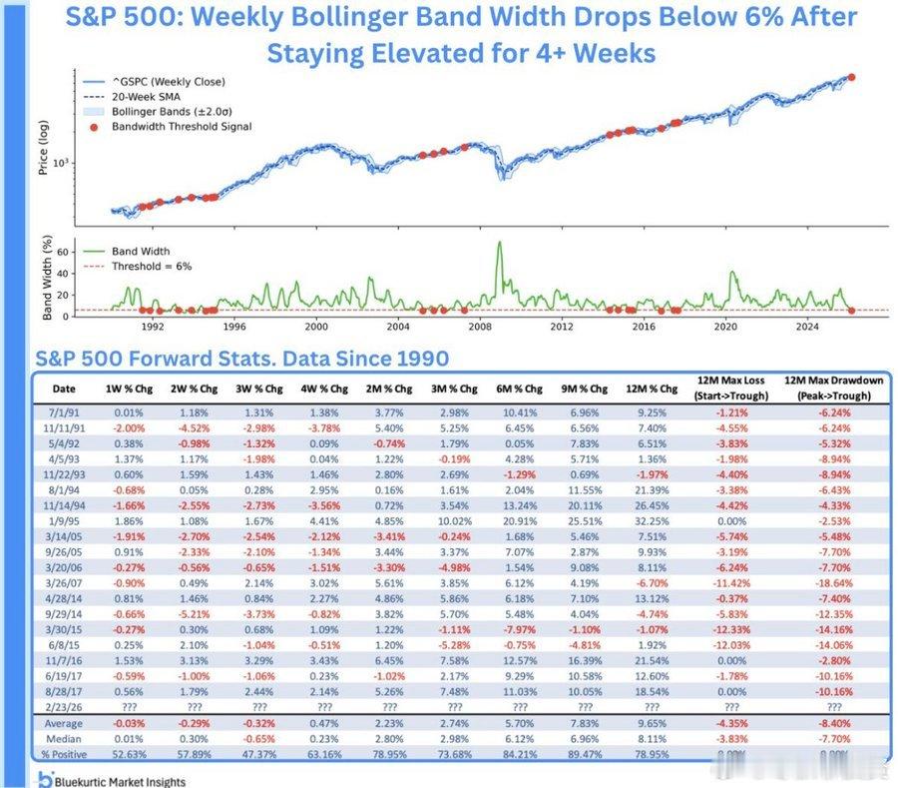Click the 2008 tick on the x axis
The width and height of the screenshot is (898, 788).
click(479, 326)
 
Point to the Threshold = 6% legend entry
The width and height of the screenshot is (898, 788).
click(151, 267)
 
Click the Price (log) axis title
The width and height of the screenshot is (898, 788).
click(43, 150)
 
